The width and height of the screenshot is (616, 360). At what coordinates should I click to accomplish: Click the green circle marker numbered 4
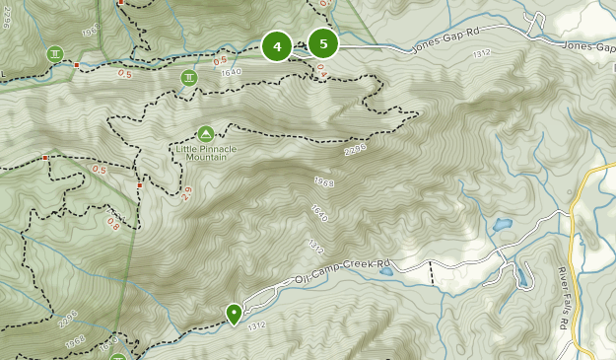pyautogui.click(x=277, y=46)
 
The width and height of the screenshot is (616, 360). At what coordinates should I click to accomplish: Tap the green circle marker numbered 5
pyautogui.click(x=323, y=43)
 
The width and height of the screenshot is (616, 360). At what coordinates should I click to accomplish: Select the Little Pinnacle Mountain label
pyautogui.click(x=206, y=152)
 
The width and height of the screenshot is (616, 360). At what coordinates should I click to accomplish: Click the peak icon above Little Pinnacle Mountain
pyautogui.click(x=205, y=133)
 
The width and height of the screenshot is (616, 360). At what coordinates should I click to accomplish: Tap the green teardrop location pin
pyautogui.click(x=234, y=314)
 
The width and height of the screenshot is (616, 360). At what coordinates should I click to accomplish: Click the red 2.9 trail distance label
pyautogui.click(x=185, y=191)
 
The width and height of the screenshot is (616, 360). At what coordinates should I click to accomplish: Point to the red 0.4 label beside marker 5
pyautogui.click(x=321, y=69)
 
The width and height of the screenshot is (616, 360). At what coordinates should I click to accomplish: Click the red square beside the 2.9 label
pyautogui.click(x=141, y=184)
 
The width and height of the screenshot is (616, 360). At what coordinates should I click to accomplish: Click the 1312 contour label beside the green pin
pyautogui.click(x=256, y=325)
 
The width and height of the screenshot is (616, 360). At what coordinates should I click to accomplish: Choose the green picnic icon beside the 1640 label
pyautogui.click(x=188, y=77)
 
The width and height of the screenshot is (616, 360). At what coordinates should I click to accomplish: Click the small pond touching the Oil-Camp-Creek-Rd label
pyautogui.click(x=387, y=270)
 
